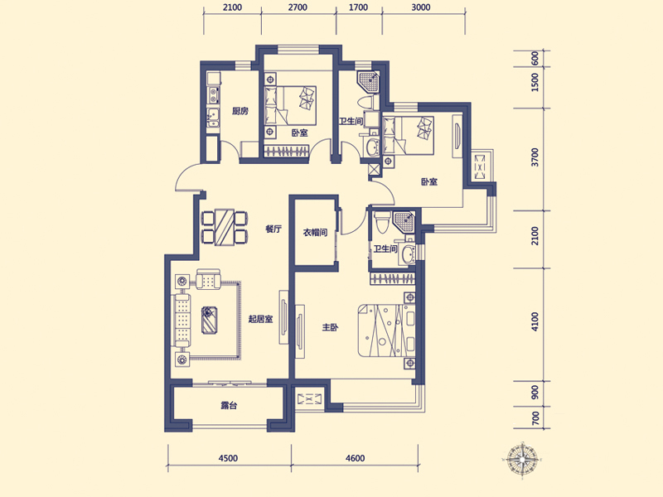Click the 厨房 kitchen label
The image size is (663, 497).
240,111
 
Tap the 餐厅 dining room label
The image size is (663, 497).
273,229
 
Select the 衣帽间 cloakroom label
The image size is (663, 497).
315,233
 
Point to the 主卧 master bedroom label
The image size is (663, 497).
330,327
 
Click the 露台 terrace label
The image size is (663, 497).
229,405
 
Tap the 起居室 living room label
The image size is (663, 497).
260,319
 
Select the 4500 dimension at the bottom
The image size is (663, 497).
228,458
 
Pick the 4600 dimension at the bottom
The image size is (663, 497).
355,458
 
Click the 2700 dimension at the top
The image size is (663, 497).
298,7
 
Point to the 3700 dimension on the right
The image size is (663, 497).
535,157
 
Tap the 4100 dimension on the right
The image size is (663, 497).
535,321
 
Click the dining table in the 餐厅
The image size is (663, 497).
224,227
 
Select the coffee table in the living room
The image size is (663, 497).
210,320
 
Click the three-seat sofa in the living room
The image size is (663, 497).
182,320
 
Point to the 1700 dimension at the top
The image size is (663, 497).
359,7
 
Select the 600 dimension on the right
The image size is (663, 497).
535,58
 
